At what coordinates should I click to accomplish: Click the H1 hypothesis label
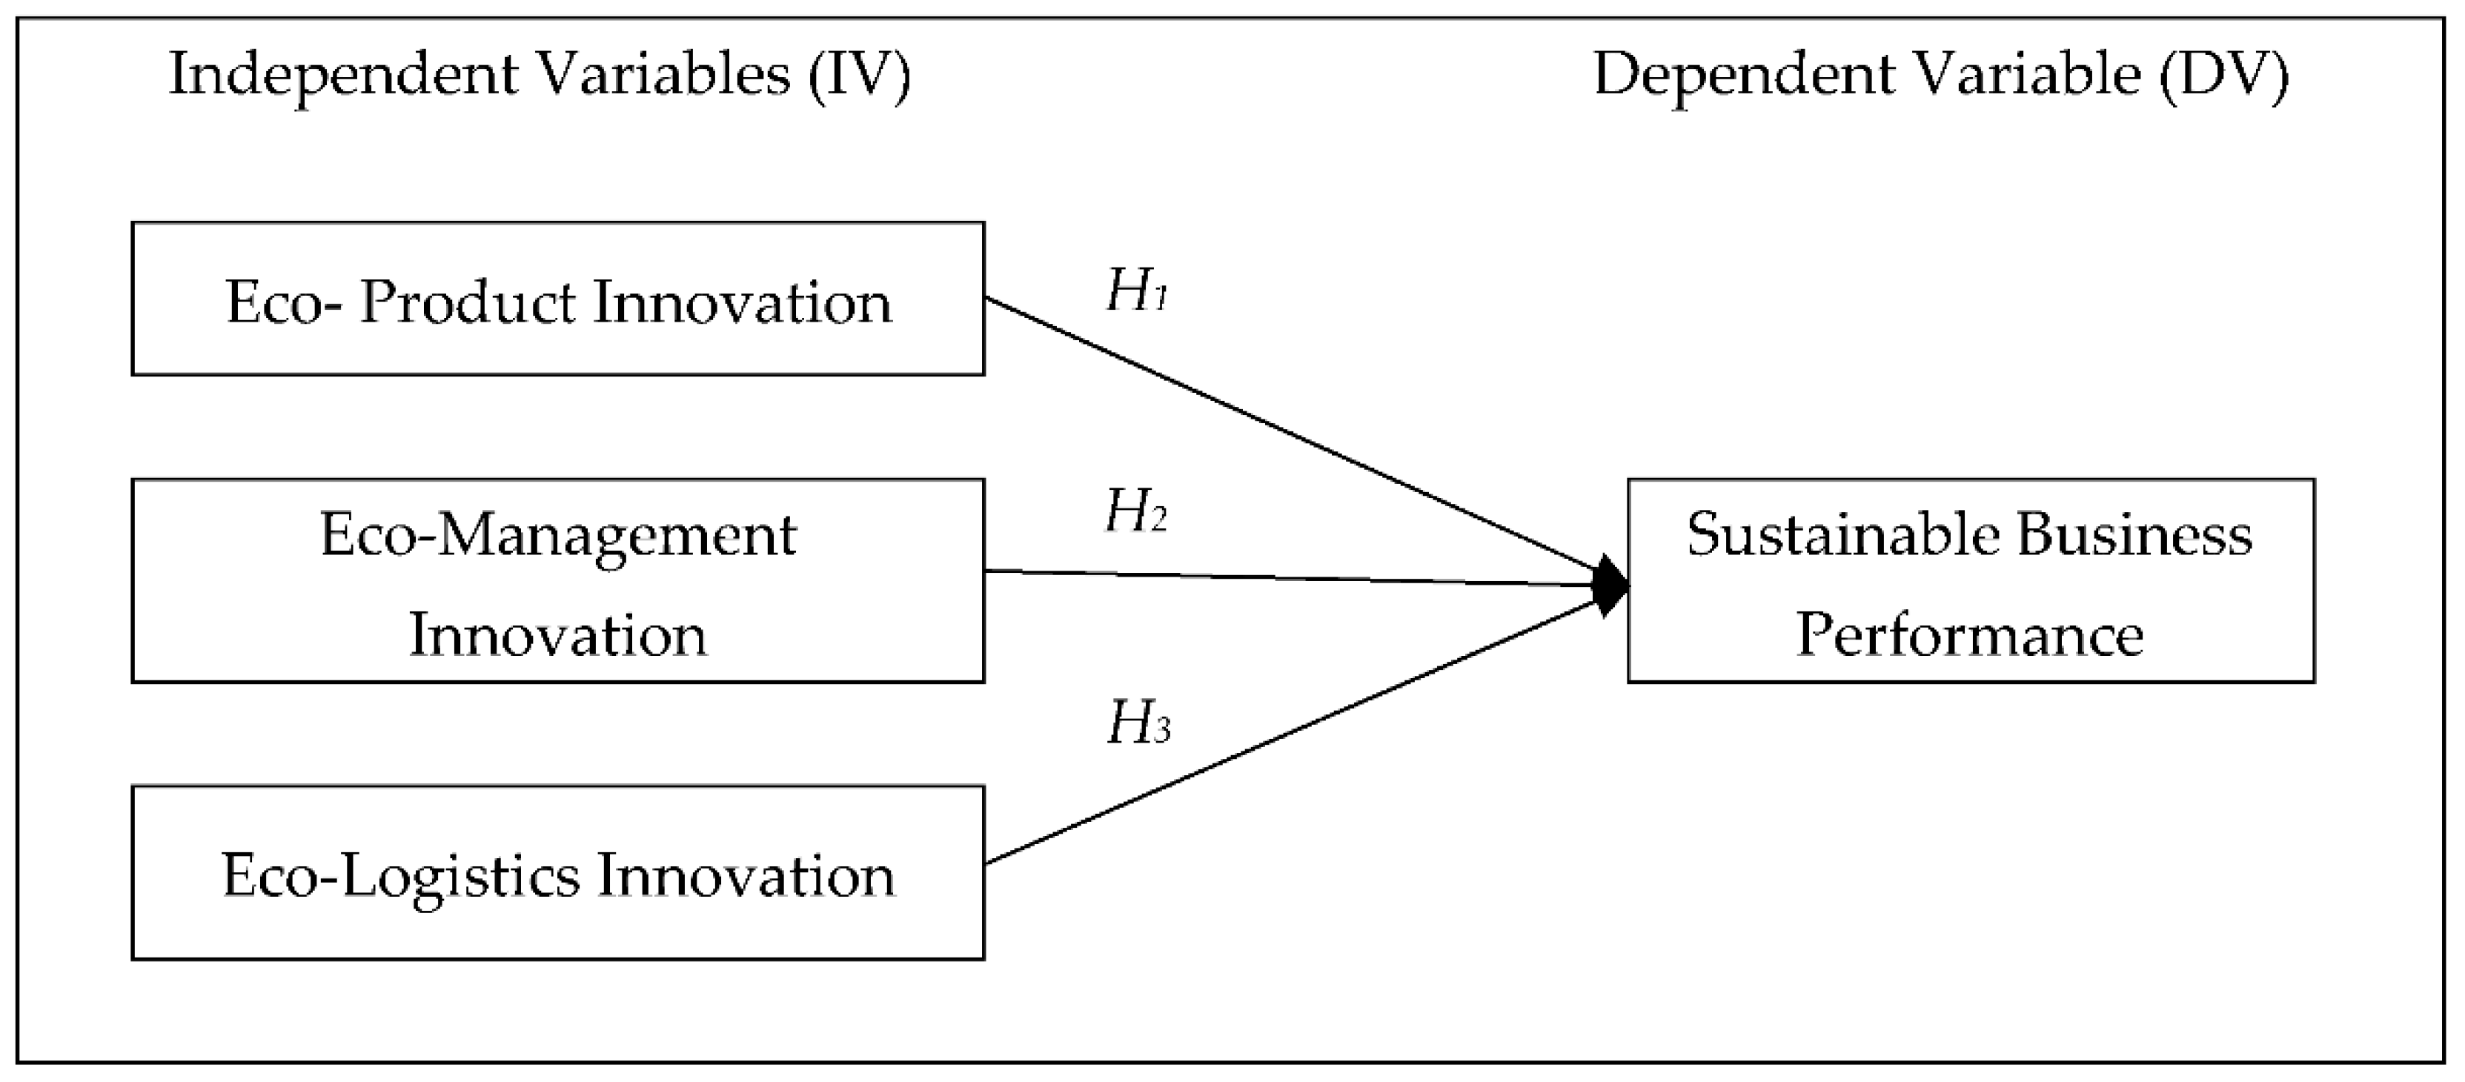[1136, 291]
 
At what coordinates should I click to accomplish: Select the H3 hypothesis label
[1138, 723]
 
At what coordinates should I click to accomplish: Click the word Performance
[1969, 634]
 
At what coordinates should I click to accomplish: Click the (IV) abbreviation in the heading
[858, 75]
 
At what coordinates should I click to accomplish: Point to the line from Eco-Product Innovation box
[1292, 439]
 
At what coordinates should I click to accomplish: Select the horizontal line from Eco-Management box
[1292, 578]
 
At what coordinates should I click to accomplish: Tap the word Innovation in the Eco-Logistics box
[746, 876]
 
